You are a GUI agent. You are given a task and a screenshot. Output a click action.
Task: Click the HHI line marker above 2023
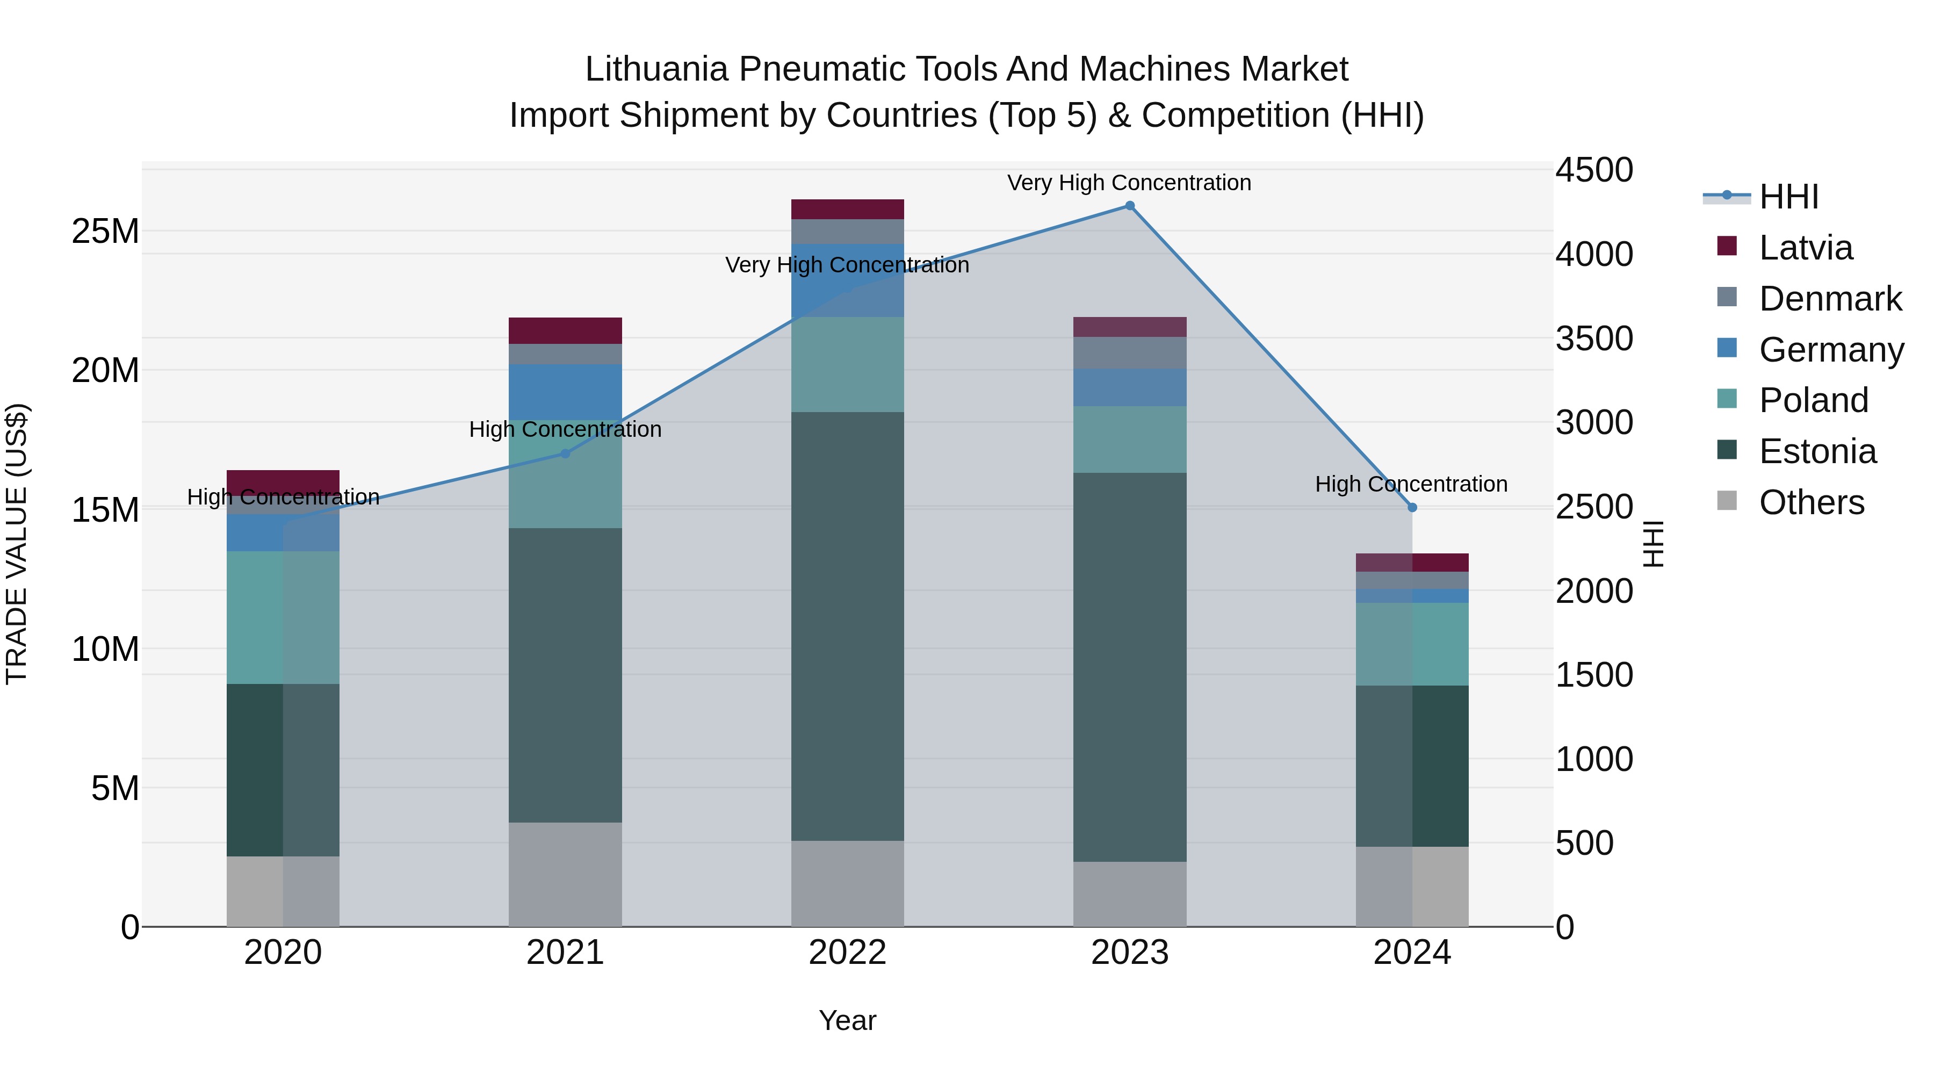coord(1129,206)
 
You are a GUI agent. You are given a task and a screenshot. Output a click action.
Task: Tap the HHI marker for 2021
coord(565,453)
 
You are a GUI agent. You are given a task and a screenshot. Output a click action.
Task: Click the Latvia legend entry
coord(1805,248)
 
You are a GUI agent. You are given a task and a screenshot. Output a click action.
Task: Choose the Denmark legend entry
coord(1830,299)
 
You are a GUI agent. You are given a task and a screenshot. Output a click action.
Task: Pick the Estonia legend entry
coord(1817,451)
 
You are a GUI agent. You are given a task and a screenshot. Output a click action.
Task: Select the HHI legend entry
coord(1788,197)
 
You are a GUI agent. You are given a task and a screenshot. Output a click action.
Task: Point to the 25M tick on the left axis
coord(105,231)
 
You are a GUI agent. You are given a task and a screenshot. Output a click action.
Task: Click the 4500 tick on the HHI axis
coord(1594,170)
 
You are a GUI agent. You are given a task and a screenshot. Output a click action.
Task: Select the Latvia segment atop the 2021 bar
coord(565,330)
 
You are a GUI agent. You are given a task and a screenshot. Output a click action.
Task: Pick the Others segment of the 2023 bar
coord(1129,894)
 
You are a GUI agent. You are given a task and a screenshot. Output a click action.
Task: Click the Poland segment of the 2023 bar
coord(1129,439)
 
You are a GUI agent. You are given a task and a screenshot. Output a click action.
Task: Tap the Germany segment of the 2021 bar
coord(565,391)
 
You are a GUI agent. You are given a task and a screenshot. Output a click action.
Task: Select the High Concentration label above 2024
coord(1411,484)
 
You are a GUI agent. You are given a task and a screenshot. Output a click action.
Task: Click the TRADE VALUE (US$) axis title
coord(17,544)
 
